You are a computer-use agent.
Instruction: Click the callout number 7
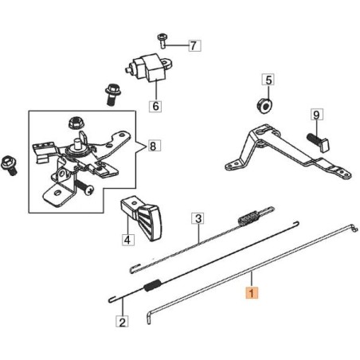point(191,45)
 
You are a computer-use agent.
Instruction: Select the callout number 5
point(268,80)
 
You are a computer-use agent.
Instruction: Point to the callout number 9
point(316,115)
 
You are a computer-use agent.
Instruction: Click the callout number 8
point(154,146)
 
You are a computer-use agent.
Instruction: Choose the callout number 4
point(127,237)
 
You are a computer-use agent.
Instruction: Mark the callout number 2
point(122,323)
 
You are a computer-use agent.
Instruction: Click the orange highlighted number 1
point(252,293)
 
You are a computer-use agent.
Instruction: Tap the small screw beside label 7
point(162,39)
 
